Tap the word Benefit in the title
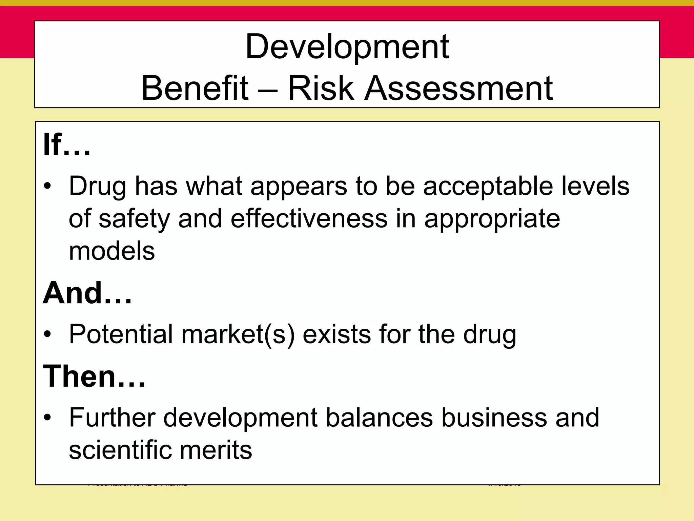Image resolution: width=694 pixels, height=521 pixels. pos(195,88)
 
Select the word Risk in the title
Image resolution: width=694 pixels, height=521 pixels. pos(321,88)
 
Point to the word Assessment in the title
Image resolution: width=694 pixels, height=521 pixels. pos(458,88)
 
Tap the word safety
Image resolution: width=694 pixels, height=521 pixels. pos(134,219)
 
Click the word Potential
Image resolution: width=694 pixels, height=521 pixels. pos(121,334)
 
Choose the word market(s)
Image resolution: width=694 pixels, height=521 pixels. pos(238,334)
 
